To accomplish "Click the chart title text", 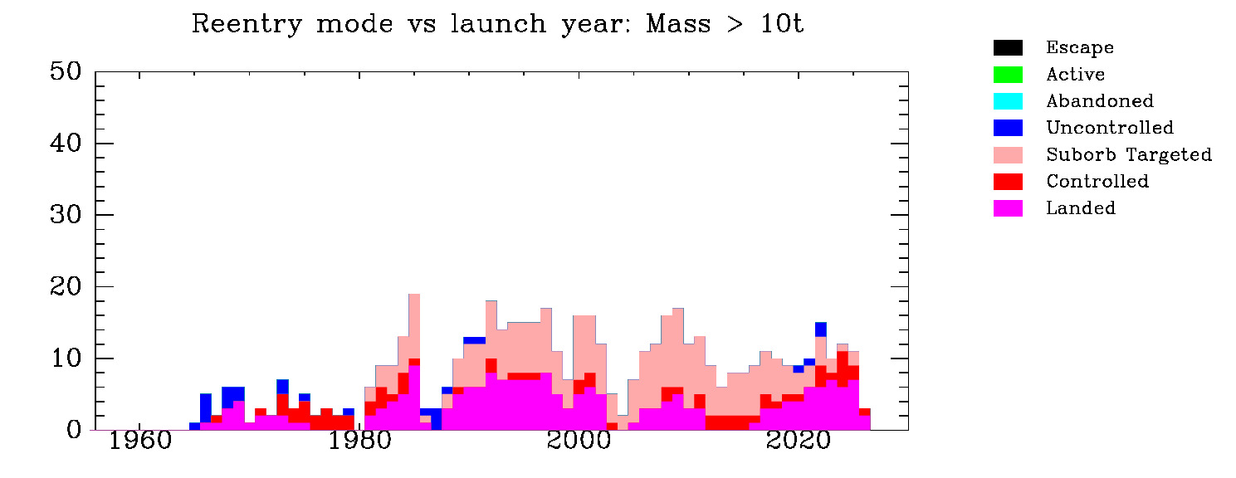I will click(x=497, y=25).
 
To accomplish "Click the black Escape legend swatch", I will click(x=1008, y=48).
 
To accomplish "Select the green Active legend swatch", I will click(x=1008, y=75).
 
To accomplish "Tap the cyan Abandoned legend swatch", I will click(x=1008, y=101).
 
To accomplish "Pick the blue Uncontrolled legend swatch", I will click(x=1008, y=128).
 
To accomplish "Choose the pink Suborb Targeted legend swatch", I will click(x=1008, y=155).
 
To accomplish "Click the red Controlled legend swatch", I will click(x=1008, y=182).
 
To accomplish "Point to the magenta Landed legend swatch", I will click(x=1008, y=208).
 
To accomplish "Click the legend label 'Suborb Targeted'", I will click(x=1129, y=155).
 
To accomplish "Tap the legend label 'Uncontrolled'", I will click(x=1110, y=128).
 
